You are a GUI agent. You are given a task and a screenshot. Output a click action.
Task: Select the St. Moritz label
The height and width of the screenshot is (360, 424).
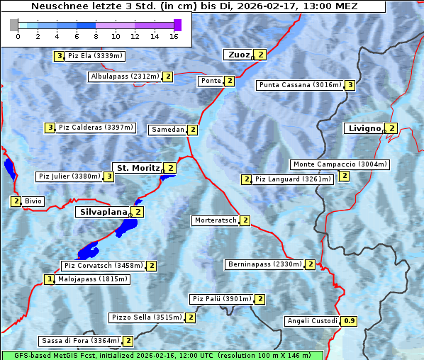pyautogui.click(x=138, y=168)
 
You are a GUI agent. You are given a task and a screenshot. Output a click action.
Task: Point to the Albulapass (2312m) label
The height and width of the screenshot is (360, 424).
pyautogui.click(x=125, y=77)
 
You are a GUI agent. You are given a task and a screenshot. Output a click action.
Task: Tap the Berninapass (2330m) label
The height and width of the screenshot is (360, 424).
pyautogui.click(x=265, y=264)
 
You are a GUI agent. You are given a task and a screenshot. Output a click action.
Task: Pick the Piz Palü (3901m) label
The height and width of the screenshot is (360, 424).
pyautogui.click(x=221, y=299)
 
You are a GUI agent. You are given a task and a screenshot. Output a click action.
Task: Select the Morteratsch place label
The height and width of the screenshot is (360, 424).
pyautogui.click(x=216, y=220)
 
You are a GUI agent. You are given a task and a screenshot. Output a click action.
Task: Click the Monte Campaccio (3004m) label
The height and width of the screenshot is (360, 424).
pyautogui.click(x=340, y=164)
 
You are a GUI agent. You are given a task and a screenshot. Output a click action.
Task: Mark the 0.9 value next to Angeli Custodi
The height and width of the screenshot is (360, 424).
pyautogui.click(x=349, y=321)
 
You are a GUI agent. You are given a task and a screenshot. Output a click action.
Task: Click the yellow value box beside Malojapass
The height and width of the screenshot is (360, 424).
pyautogui.click(x=50, y=280)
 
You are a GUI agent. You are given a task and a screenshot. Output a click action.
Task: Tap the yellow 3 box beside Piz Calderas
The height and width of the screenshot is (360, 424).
pyautogui.click(x=50, y=128)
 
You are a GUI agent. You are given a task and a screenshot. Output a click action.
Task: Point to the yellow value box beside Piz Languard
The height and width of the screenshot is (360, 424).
pyautogui.click(x=246, y=179)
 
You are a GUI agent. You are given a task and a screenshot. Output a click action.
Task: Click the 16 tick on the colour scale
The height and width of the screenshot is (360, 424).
pyautogui.click(x=174, y=36)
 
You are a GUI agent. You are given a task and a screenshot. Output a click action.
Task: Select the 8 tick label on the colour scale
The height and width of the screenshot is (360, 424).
pyautogui.click(x=96, y=36)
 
